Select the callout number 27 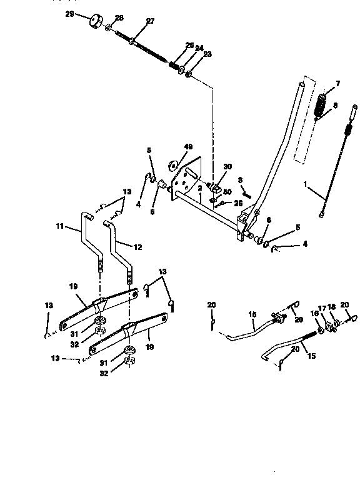pos(149,21)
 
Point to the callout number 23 pos(207,54)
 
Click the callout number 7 pos(338,83)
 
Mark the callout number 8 pos(335,106)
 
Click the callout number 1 pos(306,185)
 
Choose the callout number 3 pos(239,179)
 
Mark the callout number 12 pos(137,247)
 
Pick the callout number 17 pos(323,307)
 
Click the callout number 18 pos(332,307)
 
